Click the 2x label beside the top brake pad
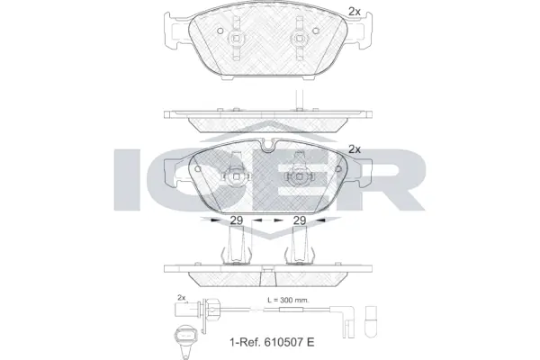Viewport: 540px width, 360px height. click(x=354, y=12)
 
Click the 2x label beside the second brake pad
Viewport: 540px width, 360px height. click(x=354, y=149)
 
